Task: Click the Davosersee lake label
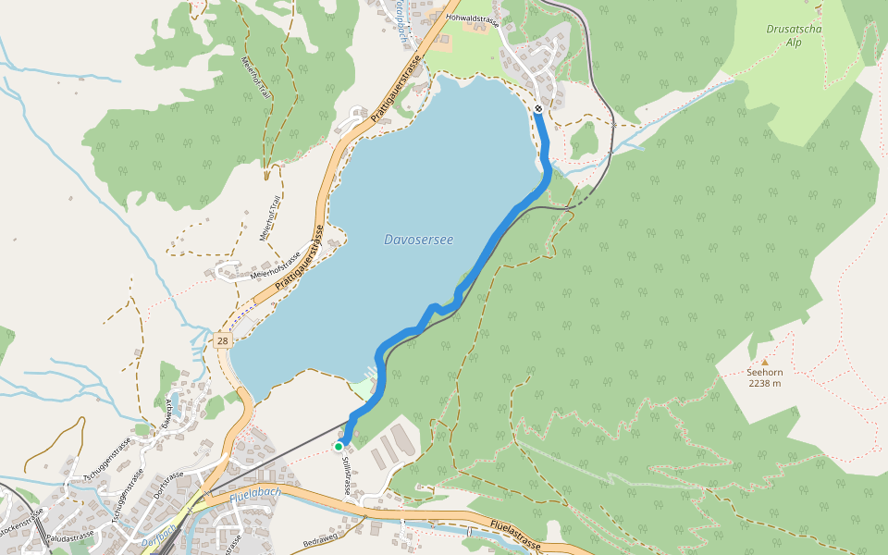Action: pyautogui.click(x=418, y=240)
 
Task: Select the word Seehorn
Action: pyautogui.click(x=764, y=373)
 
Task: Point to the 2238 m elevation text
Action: pyautogui.click(x=764, y=383)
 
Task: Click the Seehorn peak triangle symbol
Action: pyautogui.click(x=764, y=362)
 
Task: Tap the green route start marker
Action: pyautogui.click(x=339, y=446)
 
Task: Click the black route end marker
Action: pyautogui.click(x=538, y=108)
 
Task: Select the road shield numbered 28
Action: pyautogui.click(x=222, y=341)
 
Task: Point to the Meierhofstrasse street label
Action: pyautogui.click(x=276, y=265)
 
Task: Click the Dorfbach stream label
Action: pyautogui.click(x=157, y=545)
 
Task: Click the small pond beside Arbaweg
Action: pyautogui.click(x=174, y=399)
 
